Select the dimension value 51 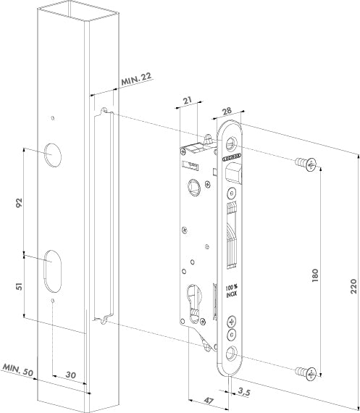click(20, 286)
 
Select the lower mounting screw click(307, 372)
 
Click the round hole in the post click(53, 154)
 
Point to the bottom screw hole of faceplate click(231, 353)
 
